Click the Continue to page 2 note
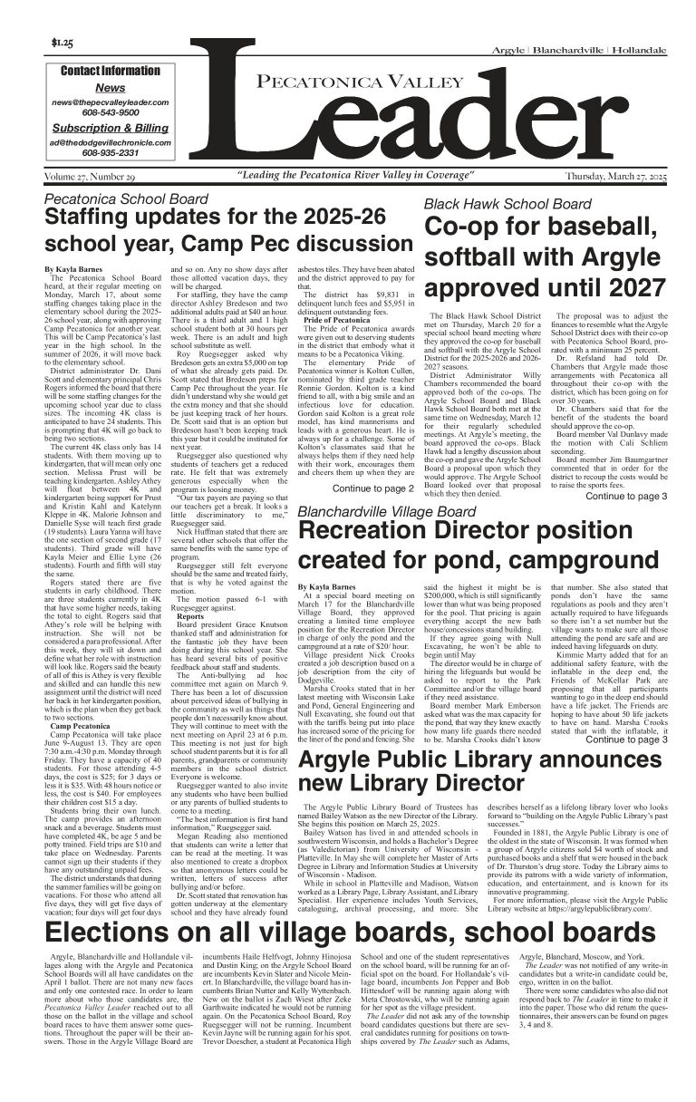(373, 488)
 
